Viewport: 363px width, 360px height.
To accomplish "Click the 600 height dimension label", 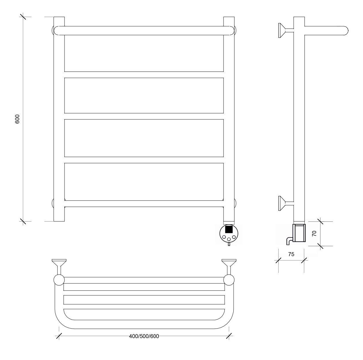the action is pyautogui.click(x=17, y=119).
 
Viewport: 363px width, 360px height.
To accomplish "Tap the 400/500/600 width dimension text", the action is pyautogui.click(x=144, y=336).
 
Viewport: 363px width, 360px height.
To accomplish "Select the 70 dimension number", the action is pyautogui.click(x=314, y=234).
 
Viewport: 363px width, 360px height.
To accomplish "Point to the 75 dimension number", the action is pyautogui.click(x=291, y=254).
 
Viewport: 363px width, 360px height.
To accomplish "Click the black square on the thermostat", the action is pyautogui.click(x=229, y=229).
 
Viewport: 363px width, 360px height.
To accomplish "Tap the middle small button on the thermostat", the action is pyautogui.click(x=229, y=239).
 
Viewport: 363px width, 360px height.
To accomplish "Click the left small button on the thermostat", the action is pyautogui.click(x=224, y=237).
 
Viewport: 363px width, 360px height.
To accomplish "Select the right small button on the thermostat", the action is pyautogui.click(x=234, y=237).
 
